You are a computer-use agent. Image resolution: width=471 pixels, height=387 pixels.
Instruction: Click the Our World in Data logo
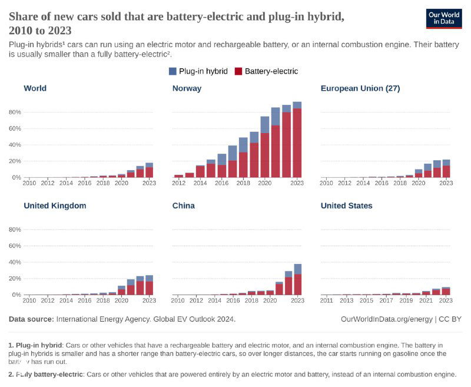pyautogui.click(x=444, y=18)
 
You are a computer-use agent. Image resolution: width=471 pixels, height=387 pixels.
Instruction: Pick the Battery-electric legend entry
pyautogui.click(x=266, y=71)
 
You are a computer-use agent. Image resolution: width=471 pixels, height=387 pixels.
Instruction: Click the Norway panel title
pyautogui.click(x=187, y=88)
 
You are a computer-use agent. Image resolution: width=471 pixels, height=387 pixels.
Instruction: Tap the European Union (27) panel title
pyautogui.click(x=360, y=88)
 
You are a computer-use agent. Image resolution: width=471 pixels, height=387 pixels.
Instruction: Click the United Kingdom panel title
pyautogui.click(x=55, y=206)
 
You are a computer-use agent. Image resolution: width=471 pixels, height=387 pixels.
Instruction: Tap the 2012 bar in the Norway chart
pyautogui.click(x=178, y=176)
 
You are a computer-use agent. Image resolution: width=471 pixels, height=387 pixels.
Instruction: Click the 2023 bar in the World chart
pyautogui.click(x=149, y=170)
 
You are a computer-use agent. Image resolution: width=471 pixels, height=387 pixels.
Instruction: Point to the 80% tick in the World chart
pyautogui.click(x=15, y=112)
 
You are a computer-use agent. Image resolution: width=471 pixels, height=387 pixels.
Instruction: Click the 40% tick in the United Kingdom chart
pyautogui.click(x=15, y=262)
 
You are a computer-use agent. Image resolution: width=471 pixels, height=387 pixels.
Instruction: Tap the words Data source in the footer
pyautogui.click(x=31, y=319)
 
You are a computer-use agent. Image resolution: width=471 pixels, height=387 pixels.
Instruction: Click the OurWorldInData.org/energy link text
pyautogui.click(x=386, y=319)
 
